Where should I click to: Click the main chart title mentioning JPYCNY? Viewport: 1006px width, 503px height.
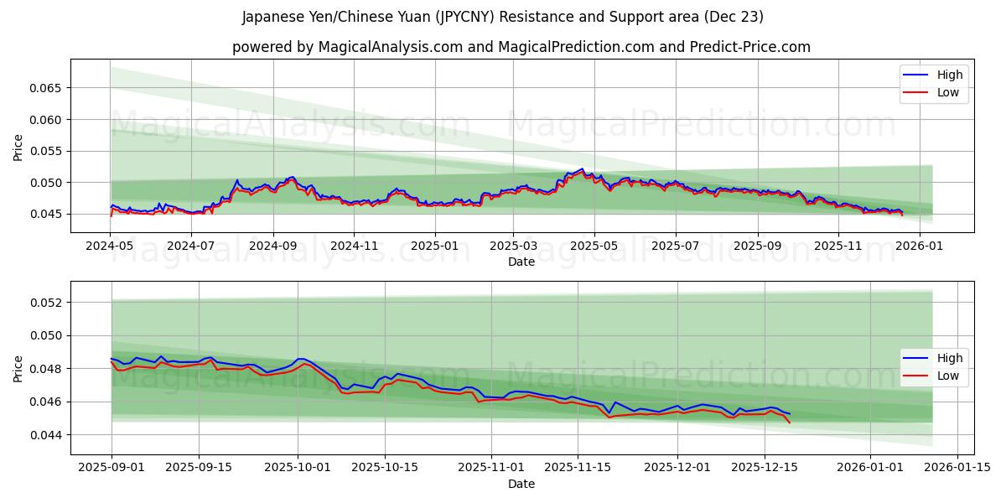503,17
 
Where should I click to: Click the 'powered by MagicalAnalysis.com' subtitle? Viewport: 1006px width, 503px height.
521,47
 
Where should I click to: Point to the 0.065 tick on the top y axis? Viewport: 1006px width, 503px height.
48,88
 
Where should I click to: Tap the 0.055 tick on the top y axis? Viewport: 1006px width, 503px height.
48,151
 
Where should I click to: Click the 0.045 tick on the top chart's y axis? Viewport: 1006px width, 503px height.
48,214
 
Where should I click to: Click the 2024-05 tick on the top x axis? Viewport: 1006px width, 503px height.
111,246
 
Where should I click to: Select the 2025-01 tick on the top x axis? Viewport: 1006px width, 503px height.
433,246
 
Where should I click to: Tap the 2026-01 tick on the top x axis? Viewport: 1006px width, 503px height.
920,246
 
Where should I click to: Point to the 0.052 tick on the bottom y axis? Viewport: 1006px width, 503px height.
48,302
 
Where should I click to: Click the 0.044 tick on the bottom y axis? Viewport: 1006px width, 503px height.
48,435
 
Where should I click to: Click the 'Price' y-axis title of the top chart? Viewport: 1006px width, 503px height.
18,148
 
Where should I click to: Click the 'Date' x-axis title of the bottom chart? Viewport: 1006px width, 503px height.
521,484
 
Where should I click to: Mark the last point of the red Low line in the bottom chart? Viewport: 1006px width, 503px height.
789,423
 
